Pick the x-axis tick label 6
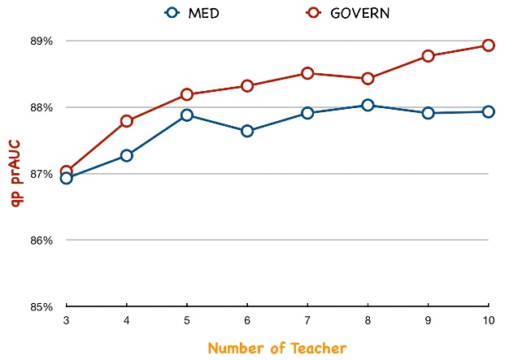click(x=247, y=321)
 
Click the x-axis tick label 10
click(x=488, y=321)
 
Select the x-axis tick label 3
click(x=67, y=321)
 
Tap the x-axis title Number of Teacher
click(x=277, y=348)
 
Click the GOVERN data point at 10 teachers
click(x=488, y=46)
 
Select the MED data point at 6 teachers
click(x=247, y=131)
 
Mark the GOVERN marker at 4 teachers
click(x=127, y=121)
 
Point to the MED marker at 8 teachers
click(x=368, y=105)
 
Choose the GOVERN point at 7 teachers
click(x=307, y=73)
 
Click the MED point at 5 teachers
click(x=187, y=115)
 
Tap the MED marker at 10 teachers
click(x=488, y=111)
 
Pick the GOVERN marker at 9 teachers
click(x=428, y=56)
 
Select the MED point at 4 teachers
click(x=127, y=155)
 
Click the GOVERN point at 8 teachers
click(x=368, y=79)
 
